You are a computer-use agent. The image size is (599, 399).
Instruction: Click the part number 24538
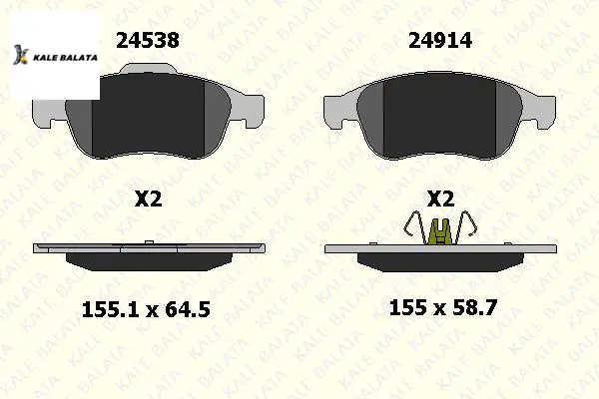tap(148, 40)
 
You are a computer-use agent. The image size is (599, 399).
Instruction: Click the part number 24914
tap(440, 40)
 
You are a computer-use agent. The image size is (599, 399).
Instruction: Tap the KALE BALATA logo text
tap(65, 58)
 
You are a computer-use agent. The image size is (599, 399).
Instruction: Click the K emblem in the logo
tap(21, 55)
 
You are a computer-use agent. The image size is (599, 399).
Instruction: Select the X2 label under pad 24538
tap(148, 199)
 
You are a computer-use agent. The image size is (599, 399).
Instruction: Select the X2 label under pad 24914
tap(440, 199)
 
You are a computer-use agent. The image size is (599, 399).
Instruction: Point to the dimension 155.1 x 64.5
tap(146, 309)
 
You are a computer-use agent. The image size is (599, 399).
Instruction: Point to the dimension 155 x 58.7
tap(442, 307)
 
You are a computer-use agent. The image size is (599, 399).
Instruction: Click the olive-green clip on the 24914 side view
tap(440, 231)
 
